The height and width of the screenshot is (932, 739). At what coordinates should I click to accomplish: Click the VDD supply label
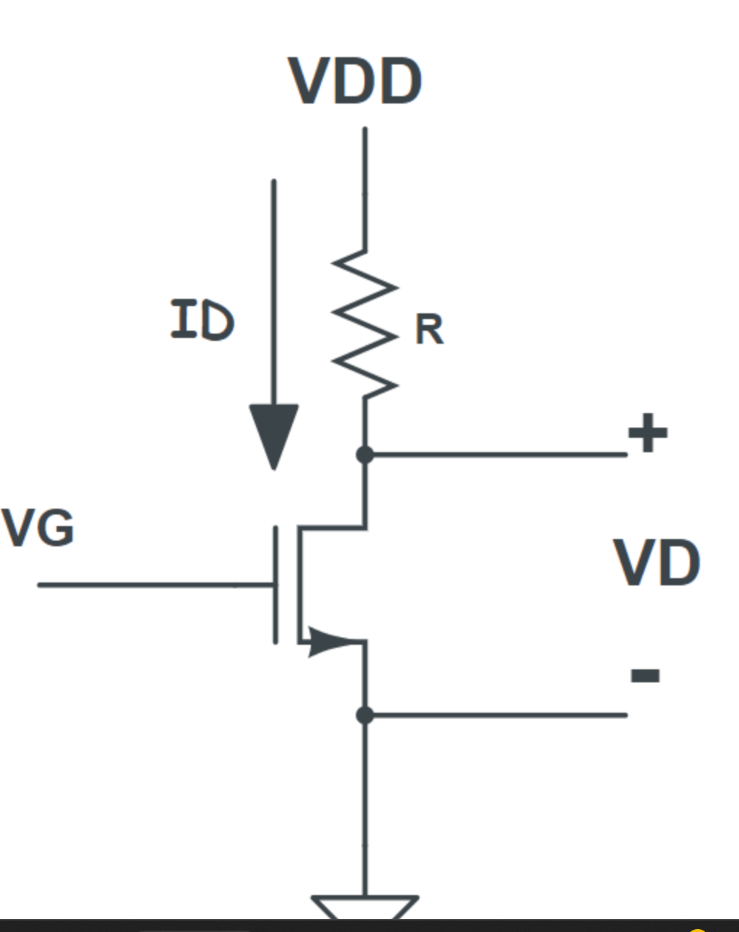(355, 80)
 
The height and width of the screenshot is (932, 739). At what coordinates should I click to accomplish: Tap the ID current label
(202, 320)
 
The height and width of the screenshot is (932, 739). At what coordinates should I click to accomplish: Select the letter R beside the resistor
(429, 330)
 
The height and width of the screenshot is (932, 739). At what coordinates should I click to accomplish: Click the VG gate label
(38, 528)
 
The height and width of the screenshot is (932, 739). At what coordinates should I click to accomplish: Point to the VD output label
(657, 564)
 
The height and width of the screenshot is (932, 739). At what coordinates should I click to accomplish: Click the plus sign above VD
(647, 433)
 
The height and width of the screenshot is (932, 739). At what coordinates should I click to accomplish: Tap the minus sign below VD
(645, 676)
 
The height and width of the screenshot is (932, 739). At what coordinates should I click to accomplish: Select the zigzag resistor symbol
(364, 323)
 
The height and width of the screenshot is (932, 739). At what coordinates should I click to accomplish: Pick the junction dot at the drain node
(365, 454)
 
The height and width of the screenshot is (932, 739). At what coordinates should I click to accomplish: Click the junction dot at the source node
(365, 715)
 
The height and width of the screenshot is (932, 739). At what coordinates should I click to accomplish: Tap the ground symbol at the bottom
(365, 907)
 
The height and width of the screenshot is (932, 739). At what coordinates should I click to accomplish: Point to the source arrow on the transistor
(325, 641)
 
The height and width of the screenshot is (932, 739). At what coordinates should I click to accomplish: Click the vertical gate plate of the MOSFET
(275, 585)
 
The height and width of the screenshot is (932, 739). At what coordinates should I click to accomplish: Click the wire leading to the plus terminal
(499, 454)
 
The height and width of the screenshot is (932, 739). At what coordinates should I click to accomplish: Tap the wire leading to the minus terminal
(499, 715)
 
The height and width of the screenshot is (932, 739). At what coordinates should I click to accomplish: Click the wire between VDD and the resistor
(365, 188)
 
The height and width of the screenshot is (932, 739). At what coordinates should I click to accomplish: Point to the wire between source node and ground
(365, 803)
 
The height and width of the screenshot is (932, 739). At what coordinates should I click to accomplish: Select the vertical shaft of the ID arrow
(274, 289)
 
